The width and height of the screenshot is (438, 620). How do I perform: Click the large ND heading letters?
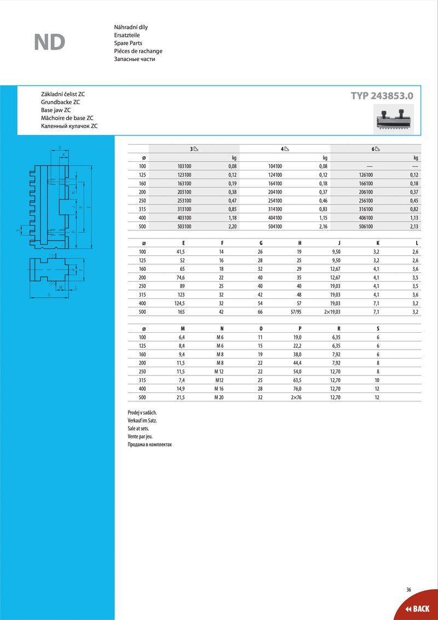pyautogui.click(x=49, y=42)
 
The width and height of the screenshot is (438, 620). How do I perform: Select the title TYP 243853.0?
pyautogui.click(x=382, y=95)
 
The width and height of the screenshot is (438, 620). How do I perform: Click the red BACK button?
pyautogui.click(x=417, y=608)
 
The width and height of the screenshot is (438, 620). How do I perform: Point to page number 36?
pyautogui.click(x=408, y=590)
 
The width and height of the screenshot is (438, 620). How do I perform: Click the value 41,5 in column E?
pyautogui.click(x=178, y=251)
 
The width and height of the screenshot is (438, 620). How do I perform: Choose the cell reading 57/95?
pyautogui.click(x=296, y=311)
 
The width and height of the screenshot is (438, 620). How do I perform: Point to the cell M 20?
pyautogui.click(x=219, y=397)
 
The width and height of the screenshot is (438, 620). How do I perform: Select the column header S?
pyautogui.click(x=378, y=328)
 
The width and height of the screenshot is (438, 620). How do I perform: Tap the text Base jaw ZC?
pyautogui.click(x=56, y=110)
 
